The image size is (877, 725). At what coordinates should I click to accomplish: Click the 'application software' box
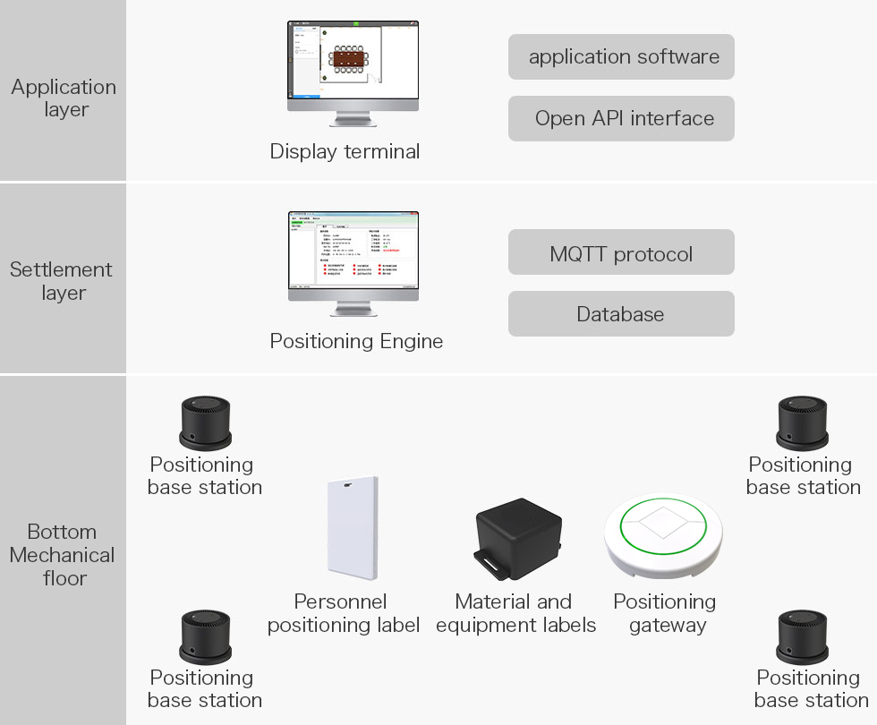pos(621,56)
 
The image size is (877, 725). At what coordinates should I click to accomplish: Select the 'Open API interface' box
pos(621,118)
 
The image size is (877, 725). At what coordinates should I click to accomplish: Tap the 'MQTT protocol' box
pos(621,253)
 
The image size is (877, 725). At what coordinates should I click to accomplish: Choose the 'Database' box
pos(621,314)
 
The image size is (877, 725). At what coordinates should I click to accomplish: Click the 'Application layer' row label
pos(64,98)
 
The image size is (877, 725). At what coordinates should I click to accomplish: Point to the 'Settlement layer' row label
pos(61,281)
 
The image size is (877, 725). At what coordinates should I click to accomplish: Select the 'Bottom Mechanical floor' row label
pos(63,555)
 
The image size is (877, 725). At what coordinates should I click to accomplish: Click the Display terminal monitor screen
pos(353,62)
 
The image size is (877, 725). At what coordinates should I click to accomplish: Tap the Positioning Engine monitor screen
pos(353,251)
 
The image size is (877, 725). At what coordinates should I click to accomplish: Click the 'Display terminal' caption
pos(345,151)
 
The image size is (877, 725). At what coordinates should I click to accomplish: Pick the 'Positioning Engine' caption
pos(356,341)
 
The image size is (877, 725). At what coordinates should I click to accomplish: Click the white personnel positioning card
pos(352,528)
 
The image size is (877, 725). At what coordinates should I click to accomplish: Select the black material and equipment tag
pos(520,534)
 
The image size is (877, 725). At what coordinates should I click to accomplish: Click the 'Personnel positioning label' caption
pos(344,613)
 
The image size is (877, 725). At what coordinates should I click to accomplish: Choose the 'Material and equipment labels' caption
pos(515,613)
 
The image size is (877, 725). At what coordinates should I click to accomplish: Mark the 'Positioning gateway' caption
pos(665,613)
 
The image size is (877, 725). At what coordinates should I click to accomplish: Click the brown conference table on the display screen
pos(349,59)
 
